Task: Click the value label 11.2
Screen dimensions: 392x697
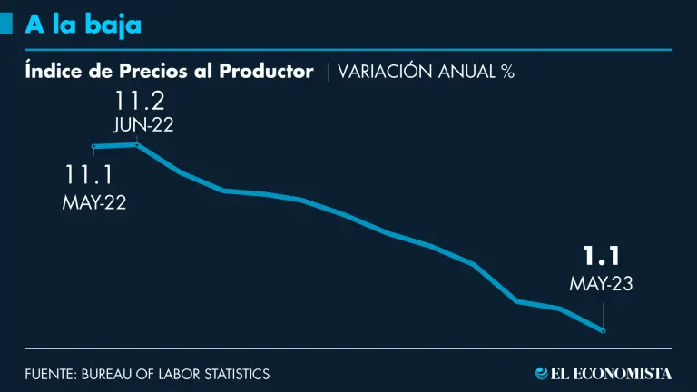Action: point(140,99)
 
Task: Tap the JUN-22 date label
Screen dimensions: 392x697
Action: point(142,125)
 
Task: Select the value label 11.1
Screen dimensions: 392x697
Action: point(93,175)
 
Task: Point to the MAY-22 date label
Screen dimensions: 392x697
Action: point(93,202)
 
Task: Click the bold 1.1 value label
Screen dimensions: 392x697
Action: point(600,258)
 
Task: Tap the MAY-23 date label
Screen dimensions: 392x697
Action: point(600,284)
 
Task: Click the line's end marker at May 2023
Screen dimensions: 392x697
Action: point(603,330)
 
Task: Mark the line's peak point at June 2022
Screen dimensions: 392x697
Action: point(137,144)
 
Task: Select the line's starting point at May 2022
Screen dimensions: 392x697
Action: point(93,146)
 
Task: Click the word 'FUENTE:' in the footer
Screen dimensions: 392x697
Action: point(50,374)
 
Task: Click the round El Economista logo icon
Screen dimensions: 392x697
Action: point(543,373)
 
